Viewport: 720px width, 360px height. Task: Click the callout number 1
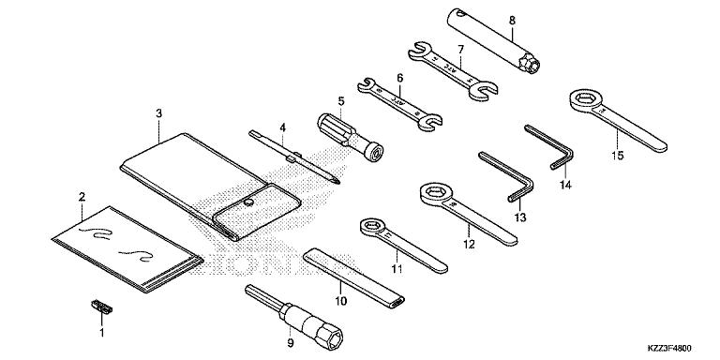[x=101, y=332]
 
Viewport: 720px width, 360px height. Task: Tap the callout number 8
[x=511, y=18]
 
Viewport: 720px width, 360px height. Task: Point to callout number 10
[x=340, y=301]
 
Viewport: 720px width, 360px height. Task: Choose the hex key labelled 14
[x=549, y=145]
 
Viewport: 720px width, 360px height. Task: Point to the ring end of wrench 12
[x=434, y=195]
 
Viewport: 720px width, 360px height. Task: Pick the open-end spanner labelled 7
[x=451, y=70]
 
